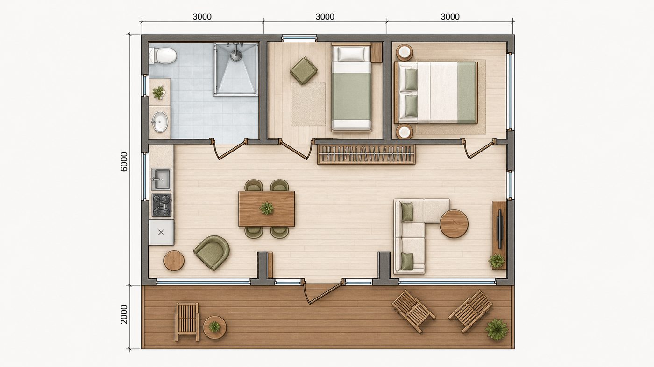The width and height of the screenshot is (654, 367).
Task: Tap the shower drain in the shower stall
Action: click(236, 54)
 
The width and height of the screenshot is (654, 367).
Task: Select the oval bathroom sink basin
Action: click(160, 122)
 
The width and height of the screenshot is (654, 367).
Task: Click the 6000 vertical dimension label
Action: click(124, 161)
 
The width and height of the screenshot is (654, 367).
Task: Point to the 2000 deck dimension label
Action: click(124, 314)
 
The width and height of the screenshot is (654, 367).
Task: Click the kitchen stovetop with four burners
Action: click(162, 205)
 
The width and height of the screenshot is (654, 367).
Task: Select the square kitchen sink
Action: click(161, 179)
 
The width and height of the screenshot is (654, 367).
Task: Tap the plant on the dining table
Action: click(267, 208)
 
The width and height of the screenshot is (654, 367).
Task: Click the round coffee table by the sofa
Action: click(454, 224)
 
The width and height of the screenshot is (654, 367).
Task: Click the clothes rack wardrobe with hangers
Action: click(366, 154)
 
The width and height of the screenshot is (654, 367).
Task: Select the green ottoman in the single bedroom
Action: click(304, 70)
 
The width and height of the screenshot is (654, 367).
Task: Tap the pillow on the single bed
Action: click(351, 54)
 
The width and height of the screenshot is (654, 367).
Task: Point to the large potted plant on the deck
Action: click(497, 329)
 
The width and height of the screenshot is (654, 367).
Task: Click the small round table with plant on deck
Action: click(214, 327)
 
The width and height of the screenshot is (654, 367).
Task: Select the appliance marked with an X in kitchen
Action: click(162, 232)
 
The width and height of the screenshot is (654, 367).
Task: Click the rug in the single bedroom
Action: click(308, 104)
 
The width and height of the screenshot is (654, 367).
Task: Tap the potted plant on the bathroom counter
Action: click(158, 93)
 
